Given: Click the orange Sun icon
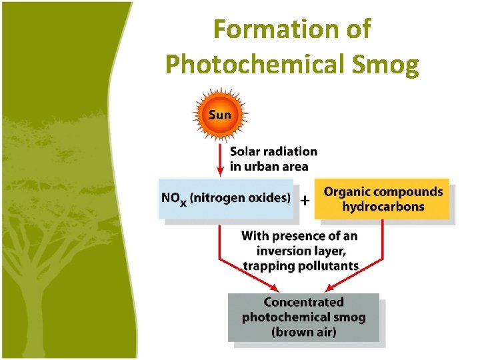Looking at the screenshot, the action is click(220, 115).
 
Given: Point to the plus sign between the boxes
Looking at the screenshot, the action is click(305, 200).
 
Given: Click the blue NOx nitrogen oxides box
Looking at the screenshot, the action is click(226, 198).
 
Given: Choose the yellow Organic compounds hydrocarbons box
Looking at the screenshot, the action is click(383, 199).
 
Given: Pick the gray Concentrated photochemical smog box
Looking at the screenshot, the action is click(303, 317).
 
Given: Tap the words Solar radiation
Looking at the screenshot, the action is click(273, 152).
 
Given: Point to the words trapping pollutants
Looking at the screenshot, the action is click(300, 265).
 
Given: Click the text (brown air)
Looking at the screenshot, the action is click(303, 331).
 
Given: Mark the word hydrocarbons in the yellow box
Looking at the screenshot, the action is click(383, 206).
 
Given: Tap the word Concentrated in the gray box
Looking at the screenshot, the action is click(303, 302).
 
